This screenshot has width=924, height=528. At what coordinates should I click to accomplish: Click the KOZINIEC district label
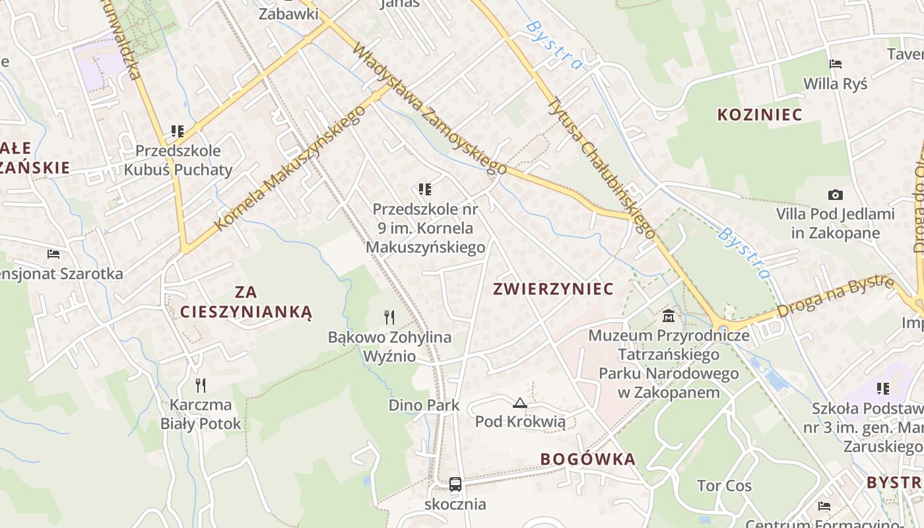pos(760,114)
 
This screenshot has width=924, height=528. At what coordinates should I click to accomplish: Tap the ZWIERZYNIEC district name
pos(553,288)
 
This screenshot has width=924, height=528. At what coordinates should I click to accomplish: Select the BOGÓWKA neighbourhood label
pos(588,459)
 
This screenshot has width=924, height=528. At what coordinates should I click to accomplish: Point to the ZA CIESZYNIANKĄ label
pos(246,302)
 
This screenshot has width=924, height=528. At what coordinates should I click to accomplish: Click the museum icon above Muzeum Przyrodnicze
pos(669,316)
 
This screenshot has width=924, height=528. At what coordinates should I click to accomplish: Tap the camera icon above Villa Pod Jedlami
pos(835,195)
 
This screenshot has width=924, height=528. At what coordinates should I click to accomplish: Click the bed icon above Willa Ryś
pos(835,64)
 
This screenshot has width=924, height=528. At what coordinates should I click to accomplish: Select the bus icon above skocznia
pos(455,484)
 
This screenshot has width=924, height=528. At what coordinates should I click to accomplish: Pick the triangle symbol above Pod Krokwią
pos(519,403)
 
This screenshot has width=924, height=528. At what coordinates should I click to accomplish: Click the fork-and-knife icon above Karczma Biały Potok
pos(201,385)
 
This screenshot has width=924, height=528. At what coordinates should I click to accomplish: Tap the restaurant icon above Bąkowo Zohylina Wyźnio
pos(389,317)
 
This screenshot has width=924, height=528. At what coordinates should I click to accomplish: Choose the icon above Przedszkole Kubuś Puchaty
pos(177,131)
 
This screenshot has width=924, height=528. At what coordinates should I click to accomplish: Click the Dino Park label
pos(424,405)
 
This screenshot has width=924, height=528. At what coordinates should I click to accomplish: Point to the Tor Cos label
pos(724,486)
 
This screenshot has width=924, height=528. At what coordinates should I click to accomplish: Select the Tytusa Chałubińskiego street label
pos(601,168)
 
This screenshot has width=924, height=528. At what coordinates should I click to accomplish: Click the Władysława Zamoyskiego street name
pos(429,109)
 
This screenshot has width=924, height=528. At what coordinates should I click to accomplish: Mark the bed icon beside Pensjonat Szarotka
pos(53,254)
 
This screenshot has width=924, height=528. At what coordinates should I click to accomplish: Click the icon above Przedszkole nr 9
pos(425,190)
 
